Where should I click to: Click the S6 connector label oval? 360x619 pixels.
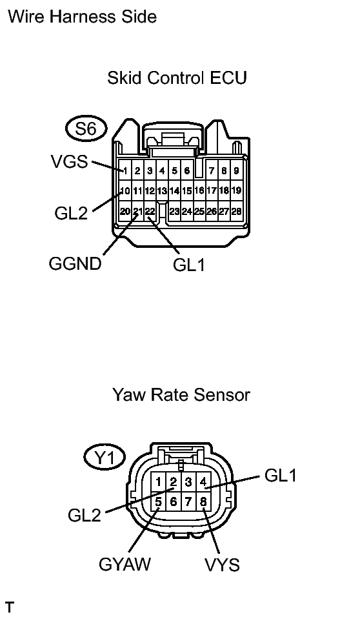[x=86, y=129]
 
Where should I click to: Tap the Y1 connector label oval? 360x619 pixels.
[x=105, y=458]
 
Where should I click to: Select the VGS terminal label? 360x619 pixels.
[x=70, y=161]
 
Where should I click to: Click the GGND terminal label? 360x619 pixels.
[x=75, y=263]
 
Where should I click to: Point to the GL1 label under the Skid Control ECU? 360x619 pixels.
[x=189, y=265]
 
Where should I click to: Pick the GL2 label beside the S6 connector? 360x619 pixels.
[x=71, y=213]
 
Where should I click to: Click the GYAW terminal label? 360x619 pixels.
[x=125, y=564]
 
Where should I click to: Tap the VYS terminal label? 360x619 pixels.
[x=222, y=565]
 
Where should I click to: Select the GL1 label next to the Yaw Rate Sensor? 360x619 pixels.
[x=280, y=475]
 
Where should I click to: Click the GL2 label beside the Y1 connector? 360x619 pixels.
[x=85, y=515]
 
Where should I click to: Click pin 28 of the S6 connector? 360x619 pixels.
[x=236, y=211]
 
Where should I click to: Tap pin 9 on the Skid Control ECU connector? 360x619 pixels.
[x=236, y=171]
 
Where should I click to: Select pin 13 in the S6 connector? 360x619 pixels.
[x=162, y=191]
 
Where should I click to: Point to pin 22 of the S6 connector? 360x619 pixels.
[x=150, y=211]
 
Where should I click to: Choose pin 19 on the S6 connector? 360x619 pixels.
[x=236, y=190]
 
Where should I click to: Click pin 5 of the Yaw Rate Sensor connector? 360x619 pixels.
[x=158, y=502]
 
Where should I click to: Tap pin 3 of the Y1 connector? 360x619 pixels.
[x=188, y=482]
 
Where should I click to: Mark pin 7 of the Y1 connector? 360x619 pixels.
[x=188, y=502]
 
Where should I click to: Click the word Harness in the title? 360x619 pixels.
[x=82, y=17]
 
